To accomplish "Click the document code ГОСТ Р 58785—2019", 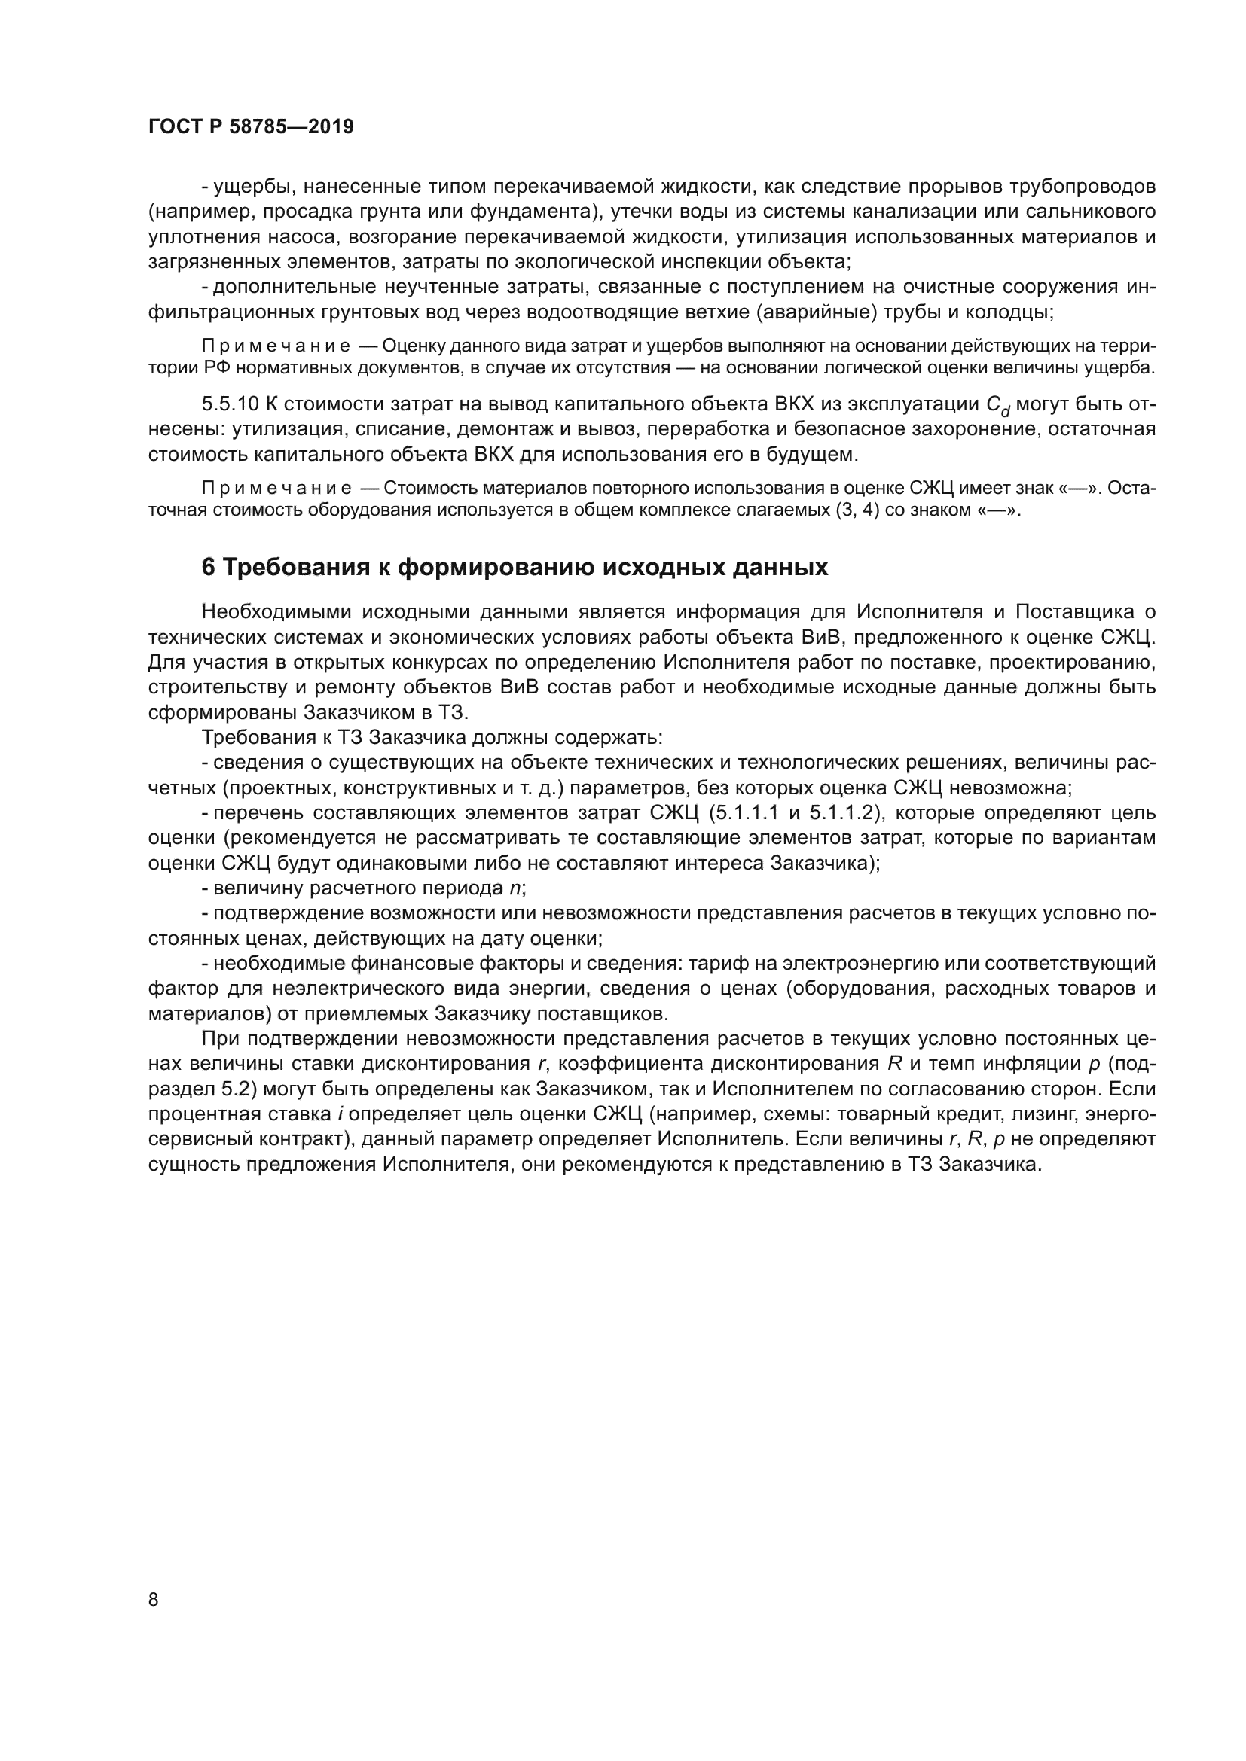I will (x=251, y=127).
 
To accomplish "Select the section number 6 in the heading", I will (x=208, y=567).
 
